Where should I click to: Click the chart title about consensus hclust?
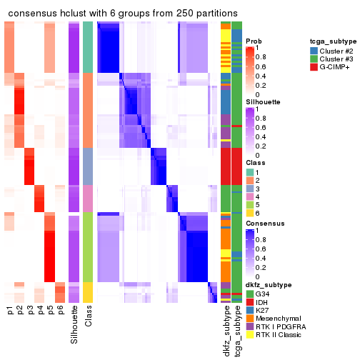coord(120,14)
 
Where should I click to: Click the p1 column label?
coord(10,311)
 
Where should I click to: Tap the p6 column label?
coord(61,311)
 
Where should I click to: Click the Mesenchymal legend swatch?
coord(250,317)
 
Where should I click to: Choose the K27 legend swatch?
coord(250,309)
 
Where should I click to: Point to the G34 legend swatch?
coord(250,294)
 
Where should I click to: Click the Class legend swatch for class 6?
coord(250,212)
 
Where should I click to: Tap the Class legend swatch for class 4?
coord(250,196)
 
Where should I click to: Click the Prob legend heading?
coord(254,41)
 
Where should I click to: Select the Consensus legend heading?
coord(266,223)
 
